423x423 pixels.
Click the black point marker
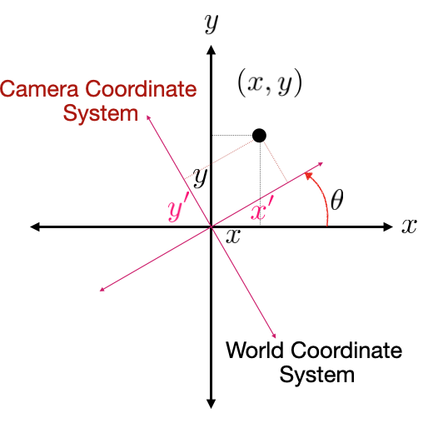pos(259,136)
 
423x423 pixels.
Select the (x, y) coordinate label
pos(270,83)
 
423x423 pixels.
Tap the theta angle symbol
pos(337,200)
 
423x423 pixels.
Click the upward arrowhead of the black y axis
pos(211,50)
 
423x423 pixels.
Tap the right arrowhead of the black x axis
pos(388,226)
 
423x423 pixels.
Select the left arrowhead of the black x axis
pos(35,226)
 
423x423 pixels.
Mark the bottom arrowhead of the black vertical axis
pos(211,404)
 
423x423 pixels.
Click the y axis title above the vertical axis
pos(211,24)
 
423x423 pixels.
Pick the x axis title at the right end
pos(409,226)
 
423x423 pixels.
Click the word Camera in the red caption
pos(39,89)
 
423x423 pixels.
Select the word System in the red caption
pos(101,113)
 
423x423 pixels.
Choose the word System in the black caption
pos(317,376)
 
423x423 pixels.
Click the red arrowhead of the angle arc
pos(308,176)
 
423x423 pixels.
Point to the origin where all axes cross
pos(211,226)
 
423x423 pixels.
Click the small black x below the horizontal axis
pos(233,236)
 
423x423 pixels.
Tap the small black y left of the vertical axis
pos(200,178)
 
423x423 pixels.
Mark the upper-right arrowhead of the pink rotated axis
pos(321,164)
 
